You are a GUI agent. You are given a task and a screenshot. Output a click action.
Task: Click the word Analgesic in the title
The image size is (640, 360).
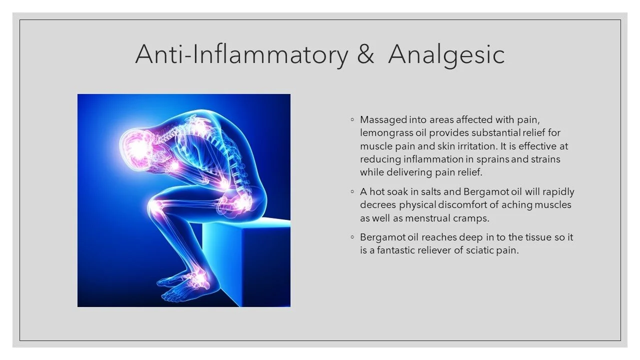(x=446, y=54)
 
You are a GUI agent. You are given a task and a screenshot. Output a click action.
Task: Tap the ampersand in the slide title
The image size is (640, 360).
(x=365, y=54)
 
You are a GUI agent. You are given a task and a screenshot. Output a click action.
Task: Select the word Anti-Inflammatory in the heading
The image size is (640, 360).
(x=241, y=54)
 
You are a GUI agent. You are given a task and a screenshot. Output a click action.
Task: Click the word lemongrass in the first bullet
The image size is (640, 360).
(x=383, y=133)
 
